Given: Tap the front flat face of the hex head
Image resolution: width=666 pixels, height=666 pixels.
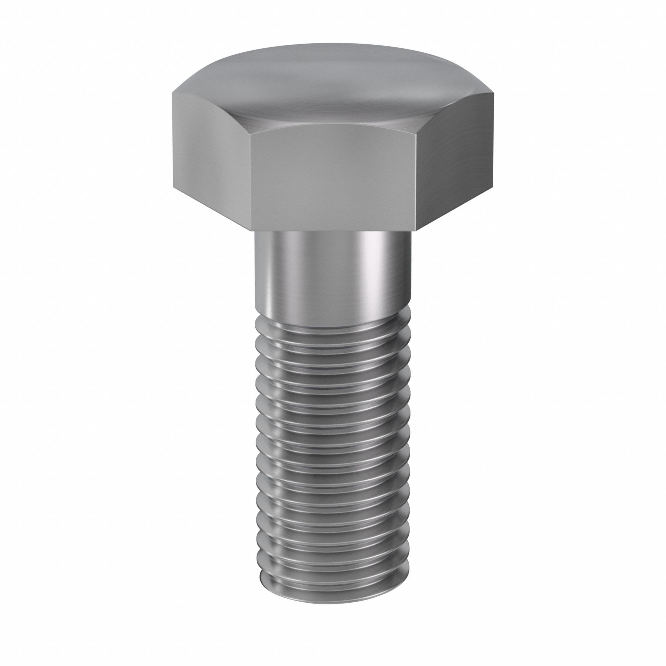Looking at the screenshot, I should click(x=333, y=179).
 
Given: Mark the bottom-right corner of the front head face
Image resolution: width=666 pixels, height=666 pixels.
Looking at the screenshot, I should click(x=416, y=230).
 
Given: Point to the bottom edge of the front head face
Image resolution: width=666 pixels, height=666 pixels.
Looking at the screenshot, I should click(x=333, y=230).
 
